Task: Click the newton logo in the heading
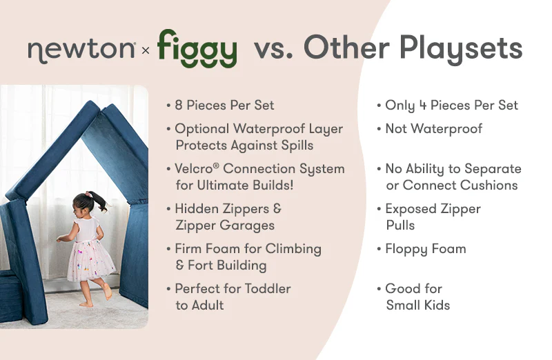[x=81, y=50]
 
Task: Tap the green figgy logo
[x=197, y=48]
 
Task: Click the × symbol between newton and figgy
[x=146, y=50]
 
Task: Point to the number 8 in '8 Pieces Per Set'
[x=179, y=106]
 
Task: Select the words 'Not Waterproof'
[x=433, y=128]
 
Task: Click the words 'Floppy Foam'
[x=425, y=249]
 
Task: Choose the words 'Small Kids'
[x=417, y=305]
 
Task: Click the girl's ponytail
[x=99, y=200]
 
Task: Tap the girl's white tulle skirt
[x=90, y=261]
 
